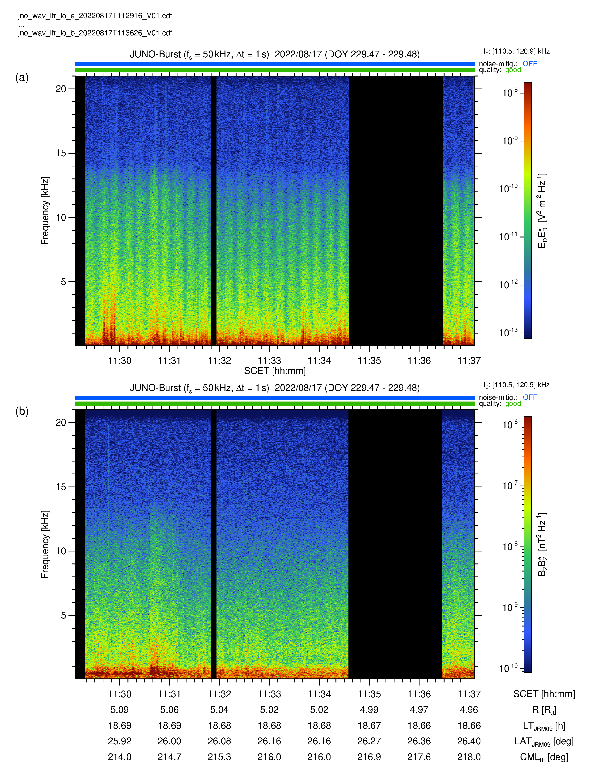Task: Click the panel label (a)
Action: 22,77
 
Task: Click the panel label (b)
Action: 22,411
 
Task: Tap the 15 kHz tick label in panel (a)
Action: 61,153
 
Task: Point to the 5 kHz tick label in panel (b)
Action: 64,615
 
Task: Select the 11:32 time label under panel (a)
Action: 219,361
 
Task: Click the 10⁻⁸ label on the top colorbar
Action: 510,93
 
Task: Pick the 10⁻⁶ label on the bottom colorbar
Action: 510,424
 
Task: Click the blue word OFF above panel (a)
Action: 530,64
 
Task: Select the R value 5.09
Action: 119,710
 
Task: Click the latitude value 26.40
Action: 469,741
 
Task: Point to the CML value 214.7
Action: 170,757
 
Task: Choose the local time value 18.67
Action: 369,725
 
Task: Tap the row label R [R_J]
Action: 544,710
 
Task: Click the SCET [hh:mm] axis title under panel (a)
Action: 275,371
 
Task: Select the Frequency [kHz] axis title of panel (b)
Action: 45,544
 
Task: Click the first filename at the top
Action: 95,16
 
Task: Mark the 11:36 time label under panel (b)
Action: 419,694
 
